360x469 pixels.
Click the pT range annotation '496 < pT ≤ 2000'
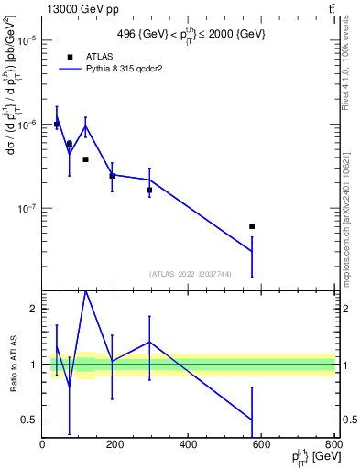coord(188,33)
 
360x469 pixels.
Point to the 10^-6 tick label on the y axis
coord(27,124)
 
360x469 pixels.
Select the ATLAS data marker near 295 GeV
coord(149,190)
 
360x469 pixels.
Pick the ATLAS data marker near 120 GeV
coord(85,159)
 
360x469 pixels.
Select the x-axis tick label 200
coord(115,444)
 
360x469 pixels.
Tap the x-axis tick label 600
coord(261,444)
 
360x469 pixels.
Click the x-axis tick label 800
coord(331,444)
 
